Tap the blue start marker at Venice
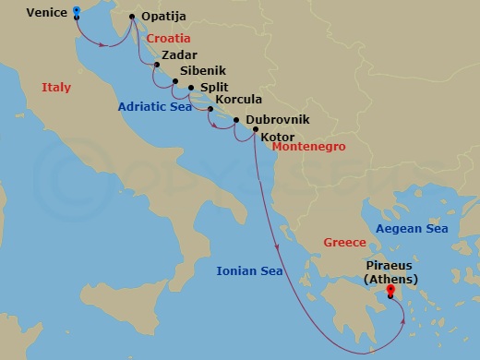click(x=76, y=12)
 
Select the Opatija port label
click(x=164, y=18)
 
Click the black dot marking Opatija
click(x=131, y=17)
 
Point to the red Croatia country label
click(x=168, y=39)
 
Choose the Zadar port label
click(x=178, y=55)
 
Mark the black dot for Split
click(x=191, y=89)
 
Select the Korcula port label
click(x=238, y=100)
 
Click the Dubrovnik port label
click(x=278, y=120)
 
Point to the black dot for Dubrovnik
click(x=237, y=120)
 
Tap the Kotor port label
click(x=278, y=138)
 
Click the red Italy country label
click(x=56, y=87)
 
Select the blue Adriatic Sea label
click(x=154, y=107)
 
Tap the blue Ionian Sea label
click(x=249, y=271)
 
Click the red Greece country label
click(x=344, y=243)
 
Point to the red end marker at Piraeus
click(x=390, y=291)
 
